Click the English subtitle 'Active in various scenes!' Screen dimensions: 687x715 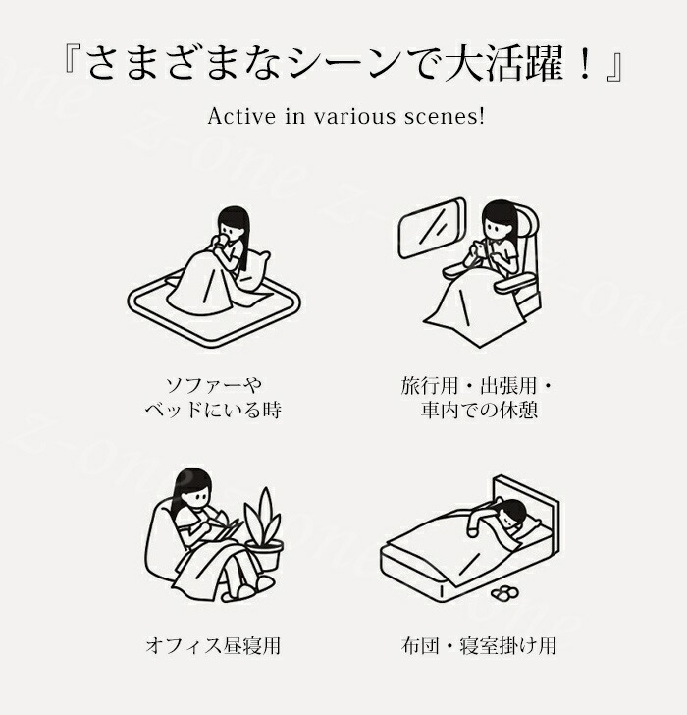[346, 116]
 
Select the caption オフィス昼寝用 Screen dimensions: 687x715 [213, 645]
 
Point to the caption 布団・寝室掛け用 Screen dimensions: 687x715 [479, 645]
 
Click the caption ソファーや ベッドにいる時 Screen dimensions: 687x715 [213, 398]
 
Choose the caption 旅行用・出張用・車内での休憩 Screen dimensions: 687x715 [477, 398]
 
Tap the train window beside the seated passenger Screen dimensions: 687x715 [432, 228]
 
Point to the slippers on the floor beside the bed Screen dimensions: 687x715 [504, 592]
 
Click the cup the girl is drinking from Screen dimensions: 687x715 [222, 240]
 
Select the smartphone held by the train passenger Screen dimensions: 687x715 [477, 249]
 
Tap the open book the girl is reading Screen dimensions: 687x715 [226, 529]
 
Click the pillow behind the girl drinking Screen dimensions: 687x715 [254, 270]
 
